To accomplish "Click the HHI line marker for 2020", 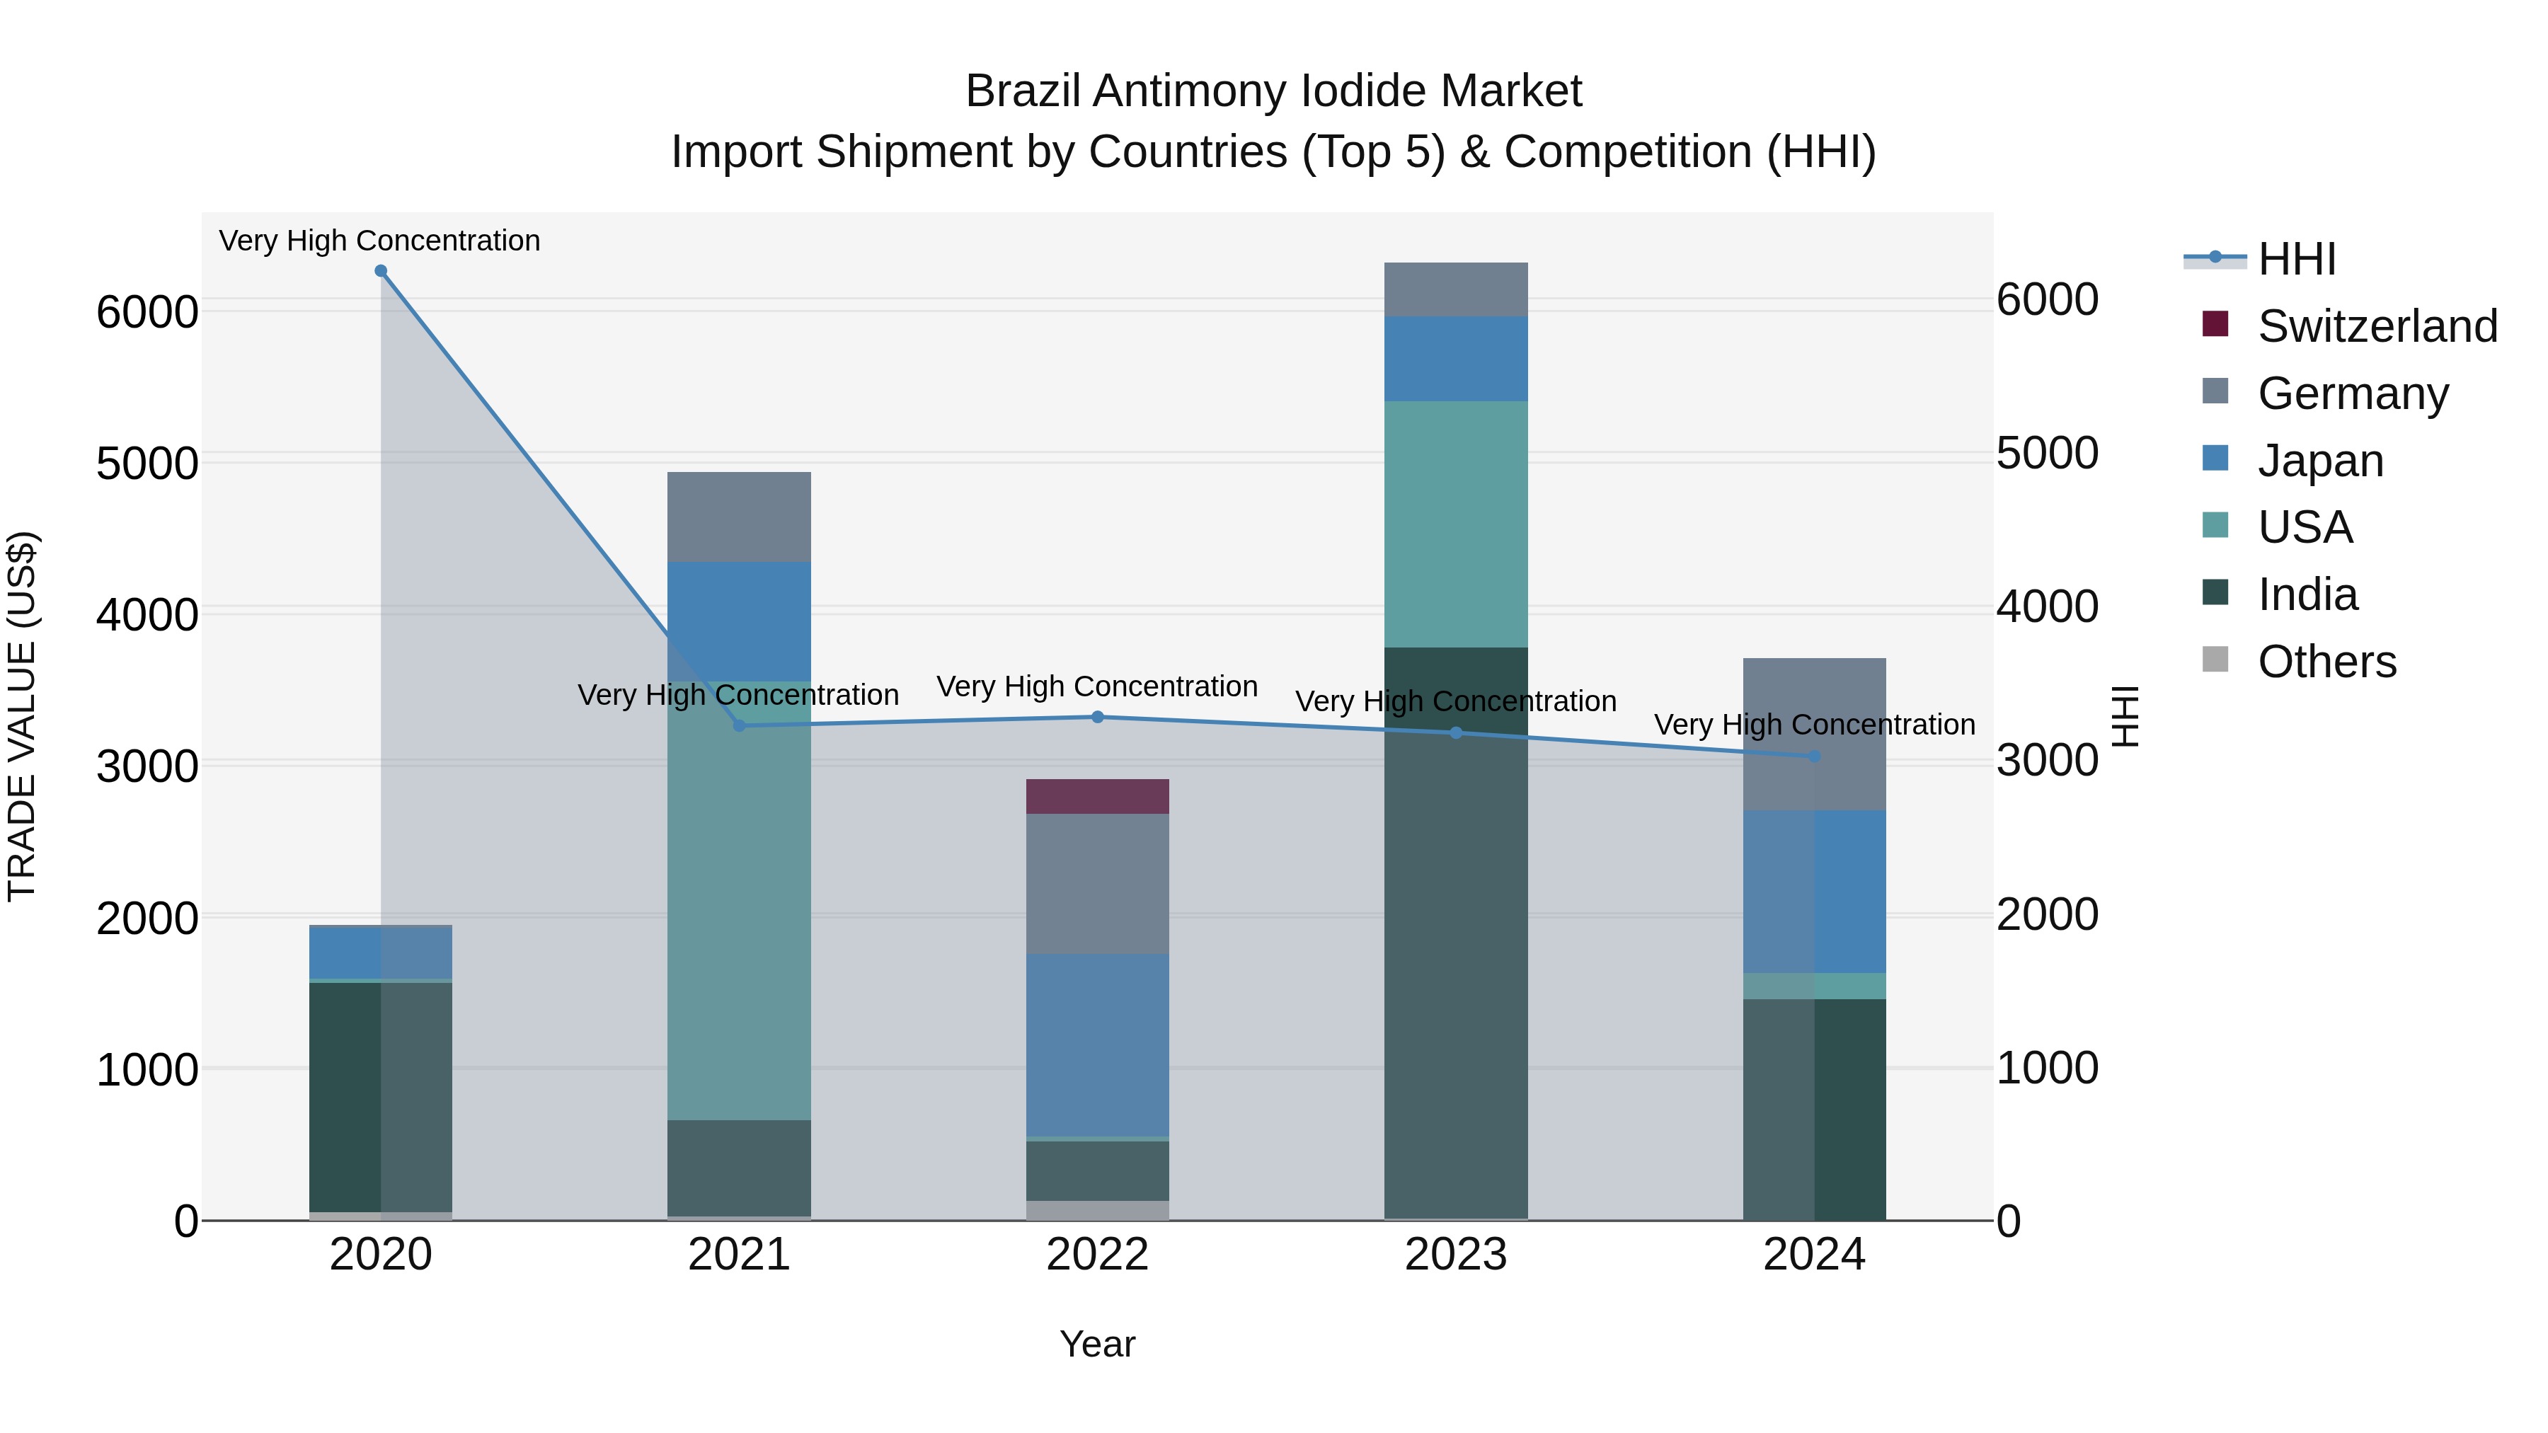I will click(381, 271).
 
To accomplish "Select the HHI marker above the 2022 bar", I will click(1097, 717).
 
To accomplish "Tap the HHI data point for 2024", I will click(1814, 756).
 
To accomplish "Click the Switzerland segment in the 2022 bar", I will click(1097, 797).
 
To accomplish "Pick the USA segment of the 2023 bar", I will click(1455, 524).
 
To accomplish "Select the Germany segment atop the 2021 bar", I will click(739, 517).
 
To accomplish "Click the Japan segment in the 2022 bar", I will click(1097, 1044).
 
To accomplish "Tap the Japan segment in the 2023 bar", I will click(1455, 359).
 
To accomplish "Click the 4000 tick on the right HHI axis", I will click(2046, 606).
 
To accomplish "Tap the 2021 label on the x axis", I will click(739, 1255).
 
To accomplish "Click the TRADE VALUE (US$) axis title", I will click(23, 716).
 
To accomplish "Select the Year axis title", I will click(1097, 1344).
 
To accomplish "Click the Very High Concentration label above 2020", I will click(380, 241).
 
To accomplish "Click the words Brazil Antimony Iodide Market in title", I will click(1273, 91).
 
